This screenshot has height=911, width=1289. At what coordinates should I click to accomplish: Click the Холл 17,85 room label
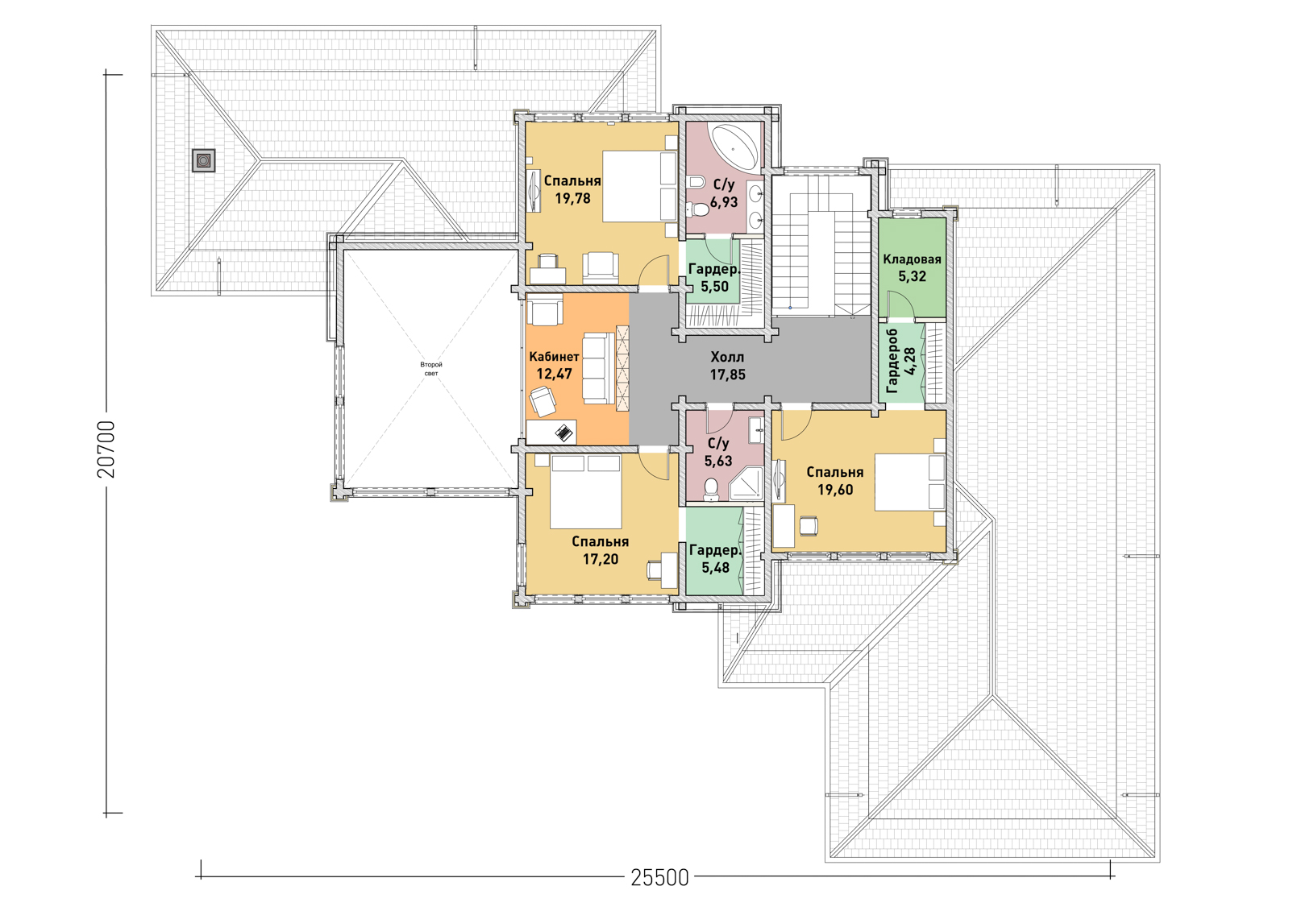727,366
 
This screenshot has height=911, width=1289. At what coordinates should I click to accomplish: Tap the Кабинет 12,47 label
554,365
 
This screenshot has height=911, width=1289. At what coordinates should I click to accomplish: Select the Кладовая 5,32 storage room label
912,267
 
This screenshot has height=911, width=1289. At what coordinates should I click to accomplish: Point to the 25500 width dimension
659,877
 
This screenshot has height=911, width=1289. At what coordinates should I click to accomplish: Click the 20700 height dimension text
106,449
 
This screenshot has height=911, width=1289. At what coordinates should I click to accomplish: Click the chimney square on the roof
204,160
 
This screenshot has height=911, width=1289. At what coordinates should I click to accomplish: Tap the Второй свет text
431,369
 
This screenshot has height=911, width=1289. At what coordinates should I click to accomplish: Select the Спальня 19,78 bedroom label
572,189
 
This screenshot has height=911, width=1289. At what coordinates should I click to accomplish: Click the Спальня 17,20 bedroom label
601,550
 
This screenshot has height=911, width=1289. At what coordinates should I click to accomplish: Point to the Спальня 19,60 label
835,481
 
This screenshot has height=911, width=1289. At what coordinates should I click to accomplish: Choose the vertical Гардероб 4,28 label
900,361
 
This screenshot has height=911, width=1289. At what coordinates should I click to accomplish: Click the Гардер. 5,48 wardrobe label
715,558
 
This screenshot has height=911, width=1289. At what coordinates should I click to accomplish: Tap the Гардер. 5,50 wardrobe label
714,278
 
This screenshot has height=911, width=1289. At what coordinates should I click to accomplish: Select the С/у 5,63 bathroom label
718,452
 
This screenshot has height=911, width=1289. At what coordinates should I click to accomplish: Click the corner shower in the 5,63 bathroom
746,483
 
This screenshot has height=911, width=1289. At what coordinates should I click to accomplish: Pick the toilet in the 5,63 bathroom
711,490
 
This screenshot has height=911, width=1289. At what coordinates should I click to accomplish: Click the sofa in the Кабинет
598,368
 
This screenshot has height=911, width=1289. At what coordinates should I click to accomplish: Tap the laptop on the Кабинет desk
564,432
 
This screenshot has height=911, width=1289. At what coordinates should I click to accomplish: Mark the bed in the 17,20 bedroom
585,491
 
